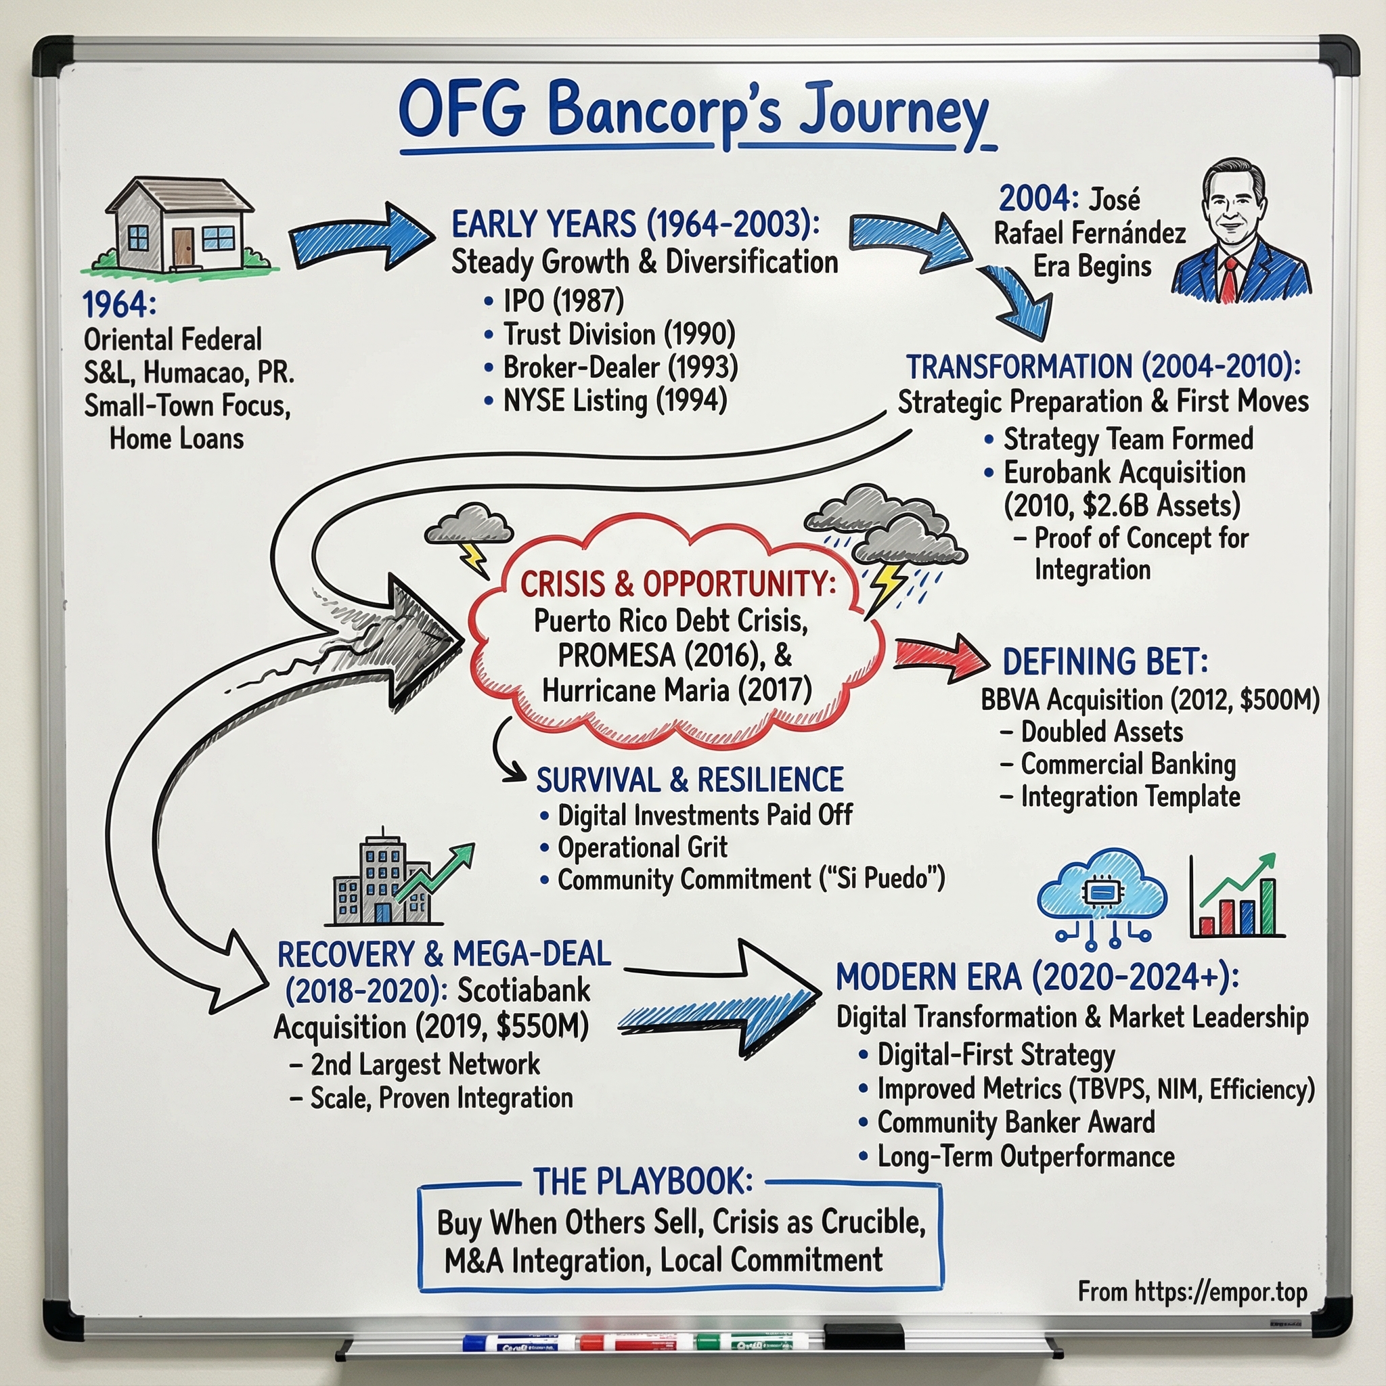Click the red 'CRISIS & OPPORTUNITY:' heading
coord(678,584)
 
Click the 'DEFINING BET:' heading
coord(1104,661)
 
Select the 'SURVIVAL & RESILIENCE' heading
coord(690,780)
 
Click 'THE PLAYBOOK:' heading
coord(643,1182)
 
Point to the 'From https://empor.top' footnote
coord(1192,1292)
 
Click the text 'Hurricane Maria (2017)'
coord(677,690)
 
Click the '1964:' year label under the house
coord(119,305)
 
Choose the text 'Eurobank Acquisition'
coord(1124,473)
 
